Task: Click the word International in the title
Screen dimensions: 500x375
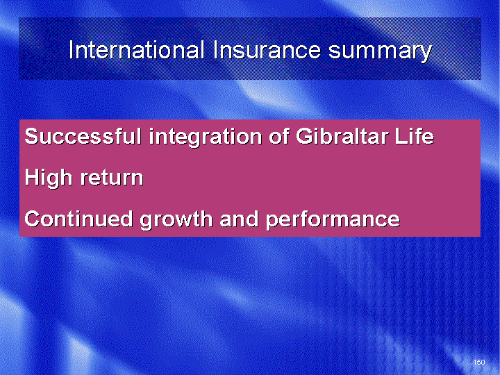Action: point(137,50)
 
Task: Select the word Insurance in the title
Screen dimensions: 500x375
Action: point(267,50)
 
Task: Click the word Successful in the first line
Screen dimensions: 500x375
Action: point(83,136)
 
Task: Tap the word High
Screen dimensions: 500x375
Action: point(49,178)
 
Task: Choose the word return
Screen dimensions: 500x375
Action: point(112,178)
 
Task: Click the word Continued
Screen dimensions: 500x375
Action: point(78,219)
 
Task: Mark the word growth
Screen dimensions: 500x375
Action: point(176,220)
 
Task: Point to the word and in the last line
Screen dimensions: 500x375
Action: point(239,219)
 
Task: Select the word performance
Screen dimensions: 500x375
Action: point(333,220)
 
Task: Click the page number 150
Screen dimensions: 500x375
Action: point(479,362)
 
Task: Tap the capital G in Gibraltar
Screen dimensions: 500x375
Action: point(304,136)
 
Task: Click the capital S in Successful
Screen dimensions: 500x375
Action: point(32,136)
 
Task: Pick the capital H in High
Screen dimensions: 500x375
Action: point(32,177)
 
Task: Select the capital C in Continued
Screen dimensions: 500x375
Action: point(33,219)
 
